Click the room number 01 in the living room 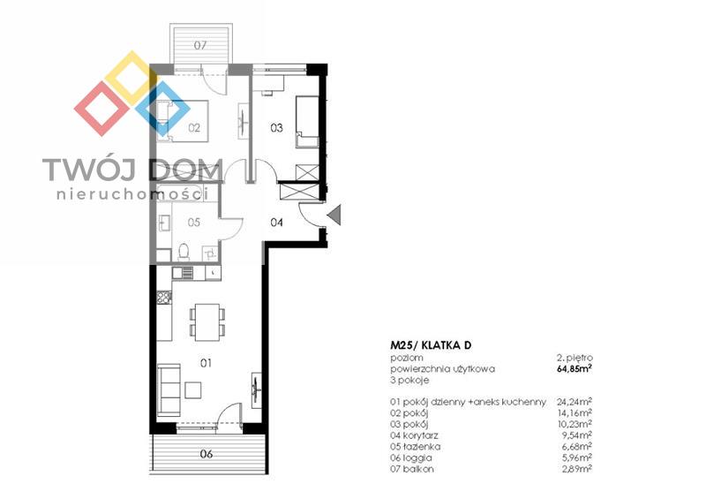pos(206,363)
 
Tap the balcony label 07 pos(200,46)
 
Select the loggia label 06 pos(207,454)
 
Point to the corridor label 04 pos(276,222)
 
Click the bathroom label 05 pos(194,223)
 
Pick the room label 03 pos(276,128)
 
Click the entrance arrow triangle pos(334,215)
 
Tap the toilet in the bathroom pos(184,252)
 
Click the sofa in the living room pos(169,391)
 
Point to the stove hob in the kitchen pos(164,298)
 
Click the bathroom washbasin pos(165,223)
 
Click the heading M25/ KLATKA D pos(431,345)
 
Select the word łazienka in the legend pos(422,447)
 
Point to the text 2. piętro pos(575,358)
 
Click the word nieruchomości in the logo pos(132,194)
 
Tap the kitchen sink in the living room pos(183,273)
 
